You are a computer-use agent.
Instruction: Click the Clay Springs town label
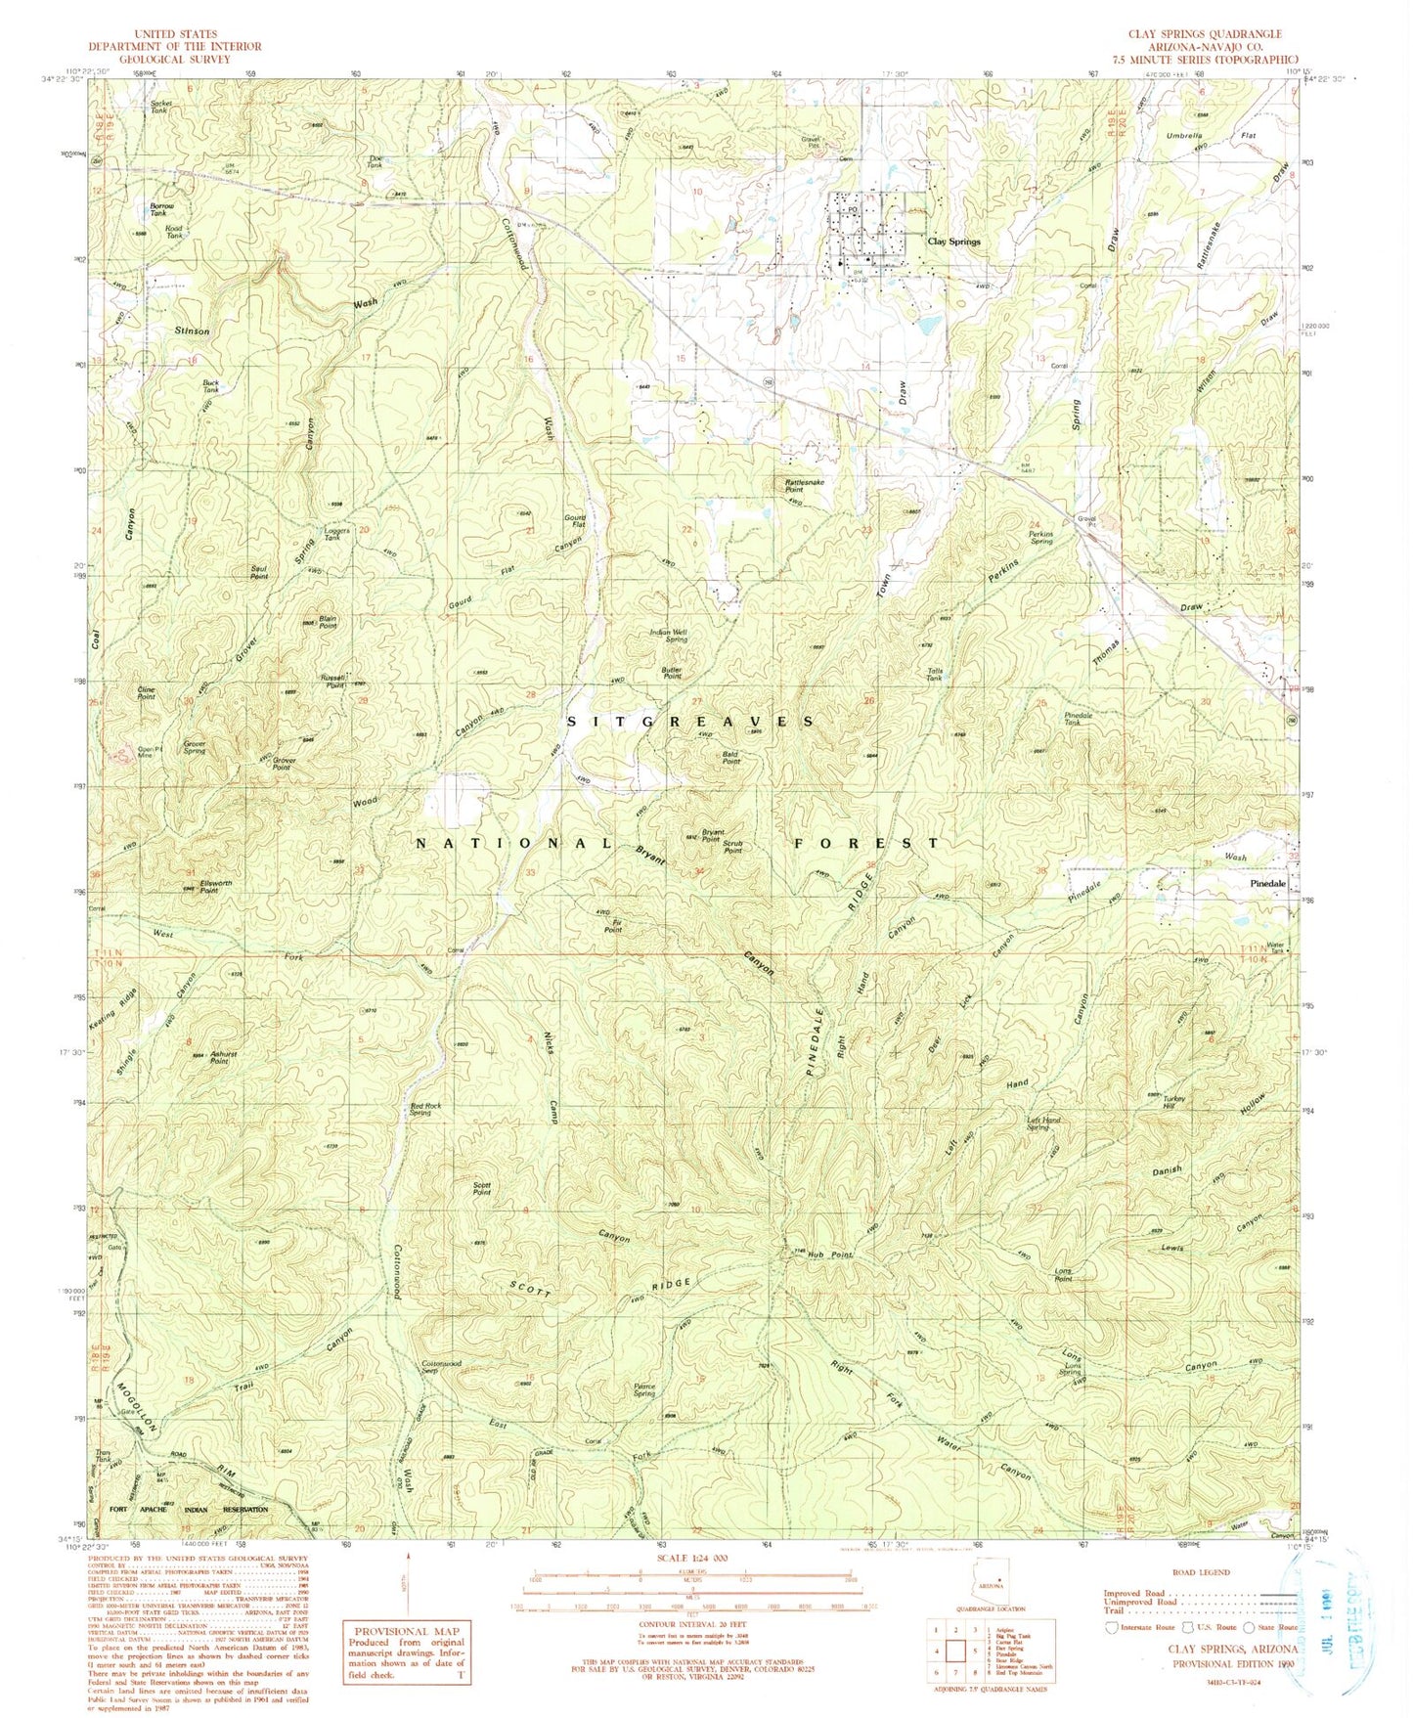(953, 241)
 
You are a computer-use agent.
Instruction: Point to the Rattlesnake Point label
(806, 485)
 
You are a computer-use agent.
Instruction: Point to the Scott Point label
(481, 1190)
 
